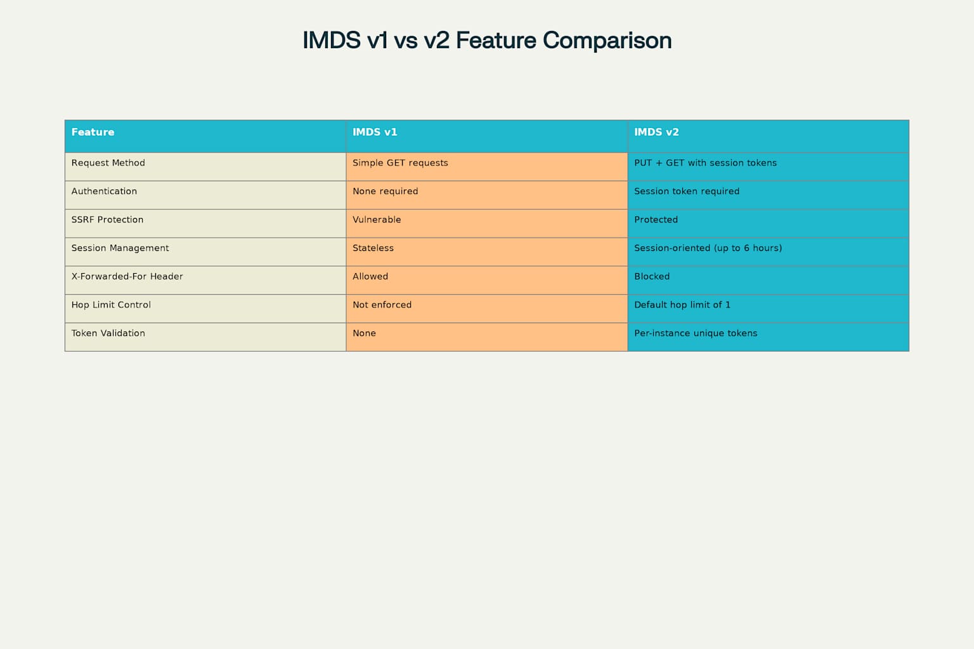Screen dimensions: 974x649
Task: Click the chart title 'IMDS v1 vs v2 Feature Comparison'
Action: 487,40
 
